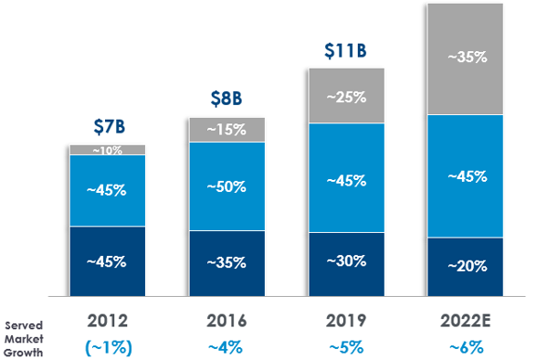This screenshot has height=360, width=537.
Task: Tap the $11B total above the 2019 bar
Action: point(345,49)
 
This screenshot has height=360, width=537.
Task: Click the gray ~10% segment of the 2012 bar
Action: point(107,150)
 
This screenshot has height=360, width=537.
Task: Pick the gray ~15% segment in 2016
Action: point(226,130)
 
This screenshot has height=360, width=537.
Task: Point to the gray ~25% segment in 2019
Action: point(346,96)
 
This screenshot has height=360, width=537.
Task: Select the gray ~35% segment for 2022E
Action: point(466,58)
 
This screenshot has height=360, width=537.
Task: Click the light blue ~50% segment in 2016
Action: point(226,186)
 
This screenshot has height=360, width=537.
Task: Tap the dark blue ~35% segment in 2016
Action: point(226,263)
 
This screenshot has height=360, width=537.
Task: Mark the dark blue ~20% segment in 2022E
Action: point(466,267)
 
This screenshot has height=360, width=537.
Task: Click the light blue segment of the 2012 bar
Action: point(107,190)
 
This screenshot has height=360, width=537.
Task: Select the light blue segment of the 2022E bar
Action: point(466,176)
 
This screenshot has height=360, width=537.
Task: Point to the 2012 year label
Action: point(107,322)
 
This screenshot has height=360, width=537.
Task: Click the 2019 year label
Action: point(346,322)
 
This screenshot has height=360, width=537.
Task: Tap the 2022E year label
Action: point(466,322)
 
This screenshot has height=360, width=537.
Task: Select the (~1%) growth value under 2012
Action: point(107,347)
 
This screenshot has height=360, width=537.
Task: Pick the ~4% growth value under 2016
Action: point(226,347)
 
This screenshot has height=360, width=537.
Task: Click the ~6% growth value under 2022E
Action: point(466,347)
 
